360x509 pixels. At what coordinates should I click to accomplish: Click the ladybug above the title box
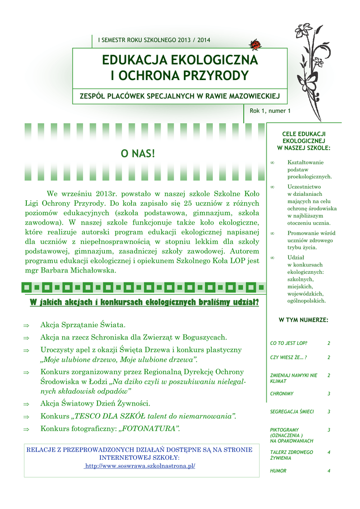pos(256,45)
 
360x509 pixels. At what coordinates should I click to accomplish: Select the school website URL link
pos(140,466)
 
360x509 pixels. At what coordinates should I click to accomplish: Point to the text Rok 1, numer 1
pos(270,111)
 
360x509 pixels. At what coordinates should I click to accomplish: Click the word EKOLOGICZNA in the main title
pos(214,61)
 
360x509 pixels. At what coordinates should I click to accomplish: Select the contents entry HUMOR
pos(278,471)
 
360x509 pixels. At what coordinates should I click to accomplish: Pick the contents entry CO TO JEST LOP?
pos(288,343)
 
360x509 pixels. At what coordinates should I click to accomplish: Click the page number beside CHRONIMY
pos(329,394)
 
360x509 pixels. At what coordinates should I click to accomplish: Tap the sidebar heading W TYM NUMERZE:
pos(303,320)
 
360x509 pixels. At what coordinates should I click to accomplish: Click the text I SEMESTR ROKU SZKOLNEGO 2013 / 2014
pos(154,40)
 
